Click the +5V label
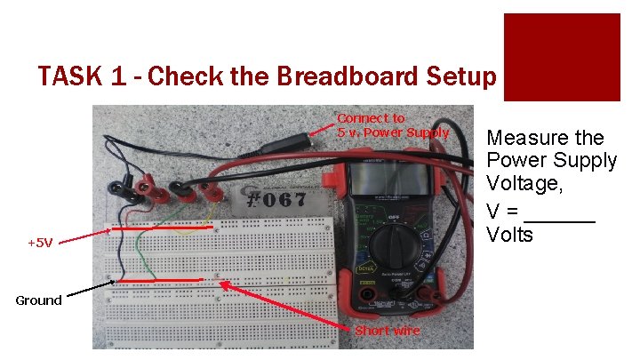[x=41, y=242]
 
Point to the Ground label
[x=38, y=300]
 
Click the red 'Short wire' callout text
[x=388, y=331]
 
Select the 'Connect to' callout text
[x=371, y=118]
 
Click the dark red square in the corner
[x=562, y=57]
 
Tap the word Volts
[x=510, y=235]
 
